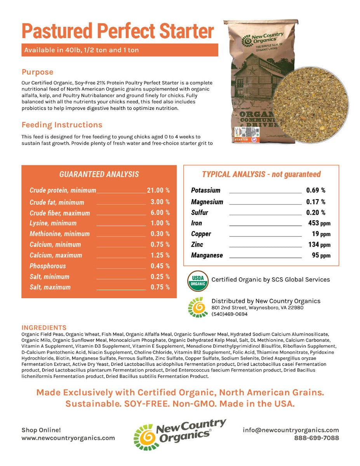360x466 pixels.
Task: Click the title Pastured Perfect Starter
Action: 118,31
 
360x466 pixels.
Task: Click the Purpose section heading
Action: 37,72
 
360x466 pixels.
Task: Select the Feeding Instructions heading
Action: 62,125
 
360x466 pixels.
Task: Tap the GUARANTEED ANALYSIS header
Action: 99,174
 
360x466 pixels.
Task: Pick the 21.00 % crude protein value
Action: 158,190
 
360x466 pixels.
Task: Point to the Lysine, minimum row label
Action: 53,223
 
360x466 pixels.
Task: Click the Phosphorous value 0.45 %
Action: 160,266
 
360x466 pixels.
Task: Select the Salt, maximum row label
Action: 50,287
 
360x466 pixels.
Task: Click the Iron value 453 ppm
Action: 318,223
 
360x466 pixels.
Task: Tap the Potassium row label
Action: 205,190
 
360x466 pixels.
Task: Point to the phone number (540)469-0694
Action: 229,314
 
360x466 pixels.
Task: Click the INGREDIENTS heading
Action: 44,327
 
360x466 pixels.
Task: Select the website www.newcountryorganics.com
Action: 68,438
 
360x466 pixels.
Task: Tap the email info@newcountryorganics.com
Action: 290,430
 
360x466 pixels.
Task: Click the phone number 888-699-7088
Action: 316,438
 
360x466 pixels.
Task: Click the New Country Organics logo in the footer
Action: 179,434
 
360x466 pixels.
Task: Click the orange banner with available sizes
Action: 120,50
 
